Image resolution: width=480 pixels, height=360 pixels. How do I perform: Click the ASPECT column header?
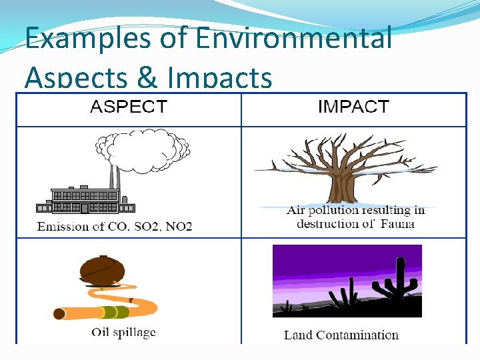point(128,107)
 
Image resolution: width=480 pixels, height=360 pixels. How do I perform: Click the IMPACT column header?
point(353,107)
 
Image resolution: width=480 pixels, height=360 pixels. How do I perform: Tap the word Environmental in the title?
point(294,38)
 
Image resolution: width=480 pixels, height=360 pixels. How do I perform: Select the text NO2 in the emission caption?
point(177,227)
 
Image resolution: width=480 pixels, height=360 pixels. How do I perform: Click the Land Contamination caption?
point(341,335)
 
